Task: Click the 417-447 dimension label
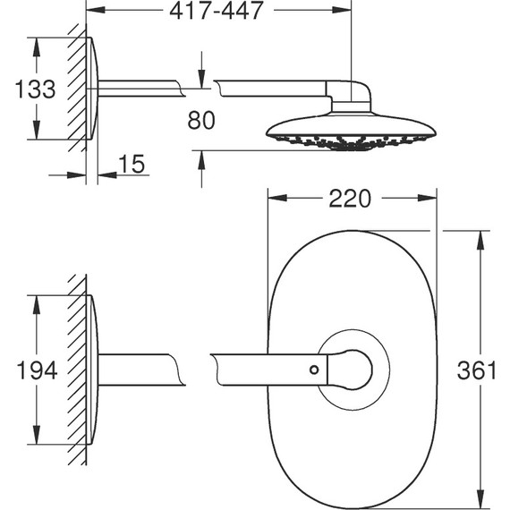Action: [217, 12]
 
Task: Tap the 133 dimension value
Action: [36, 89]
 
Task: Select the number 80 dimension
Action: [202, 119]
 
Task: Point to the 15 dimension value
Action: [131, 165]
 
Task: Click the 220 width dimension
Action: [349, 199]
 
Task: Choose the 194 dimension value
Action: [36, 370]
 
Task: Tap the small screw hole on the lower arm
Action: [314, 369]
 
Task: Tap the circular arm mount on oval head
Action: [354, 369]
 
